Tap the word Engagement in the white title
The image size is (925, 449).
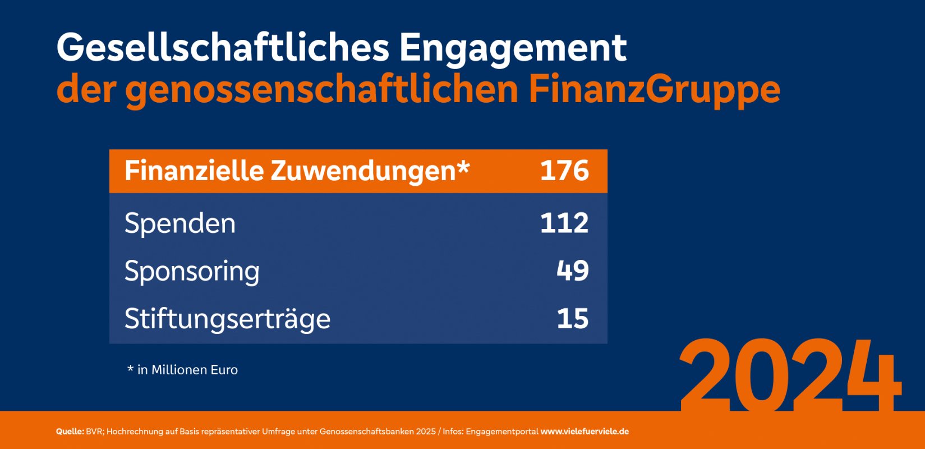(513, 48)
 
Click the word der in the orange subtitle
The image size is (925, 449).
(85, 90)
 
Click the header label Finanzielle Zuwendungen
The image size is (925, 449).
(289, 171)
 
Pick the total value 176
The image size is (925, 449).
(564, 171)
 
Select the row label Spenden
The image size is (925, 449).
(180, 223)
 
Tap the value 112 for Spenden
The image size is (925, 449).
(564, 223)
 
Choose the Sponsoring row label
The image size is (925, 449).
(192, 272)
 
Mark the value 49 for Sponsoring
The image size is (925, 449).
(573, 271)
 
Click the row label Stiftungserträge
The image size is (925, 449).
(227, 319)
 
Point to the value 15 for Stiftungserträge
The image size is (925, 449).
(573, 318)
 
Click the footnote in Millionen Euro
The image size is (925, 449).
(187, 370)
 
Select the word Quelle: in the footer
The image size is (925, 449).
(70, 432)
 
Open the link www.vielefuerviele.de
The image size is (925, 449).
(585, 432)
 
